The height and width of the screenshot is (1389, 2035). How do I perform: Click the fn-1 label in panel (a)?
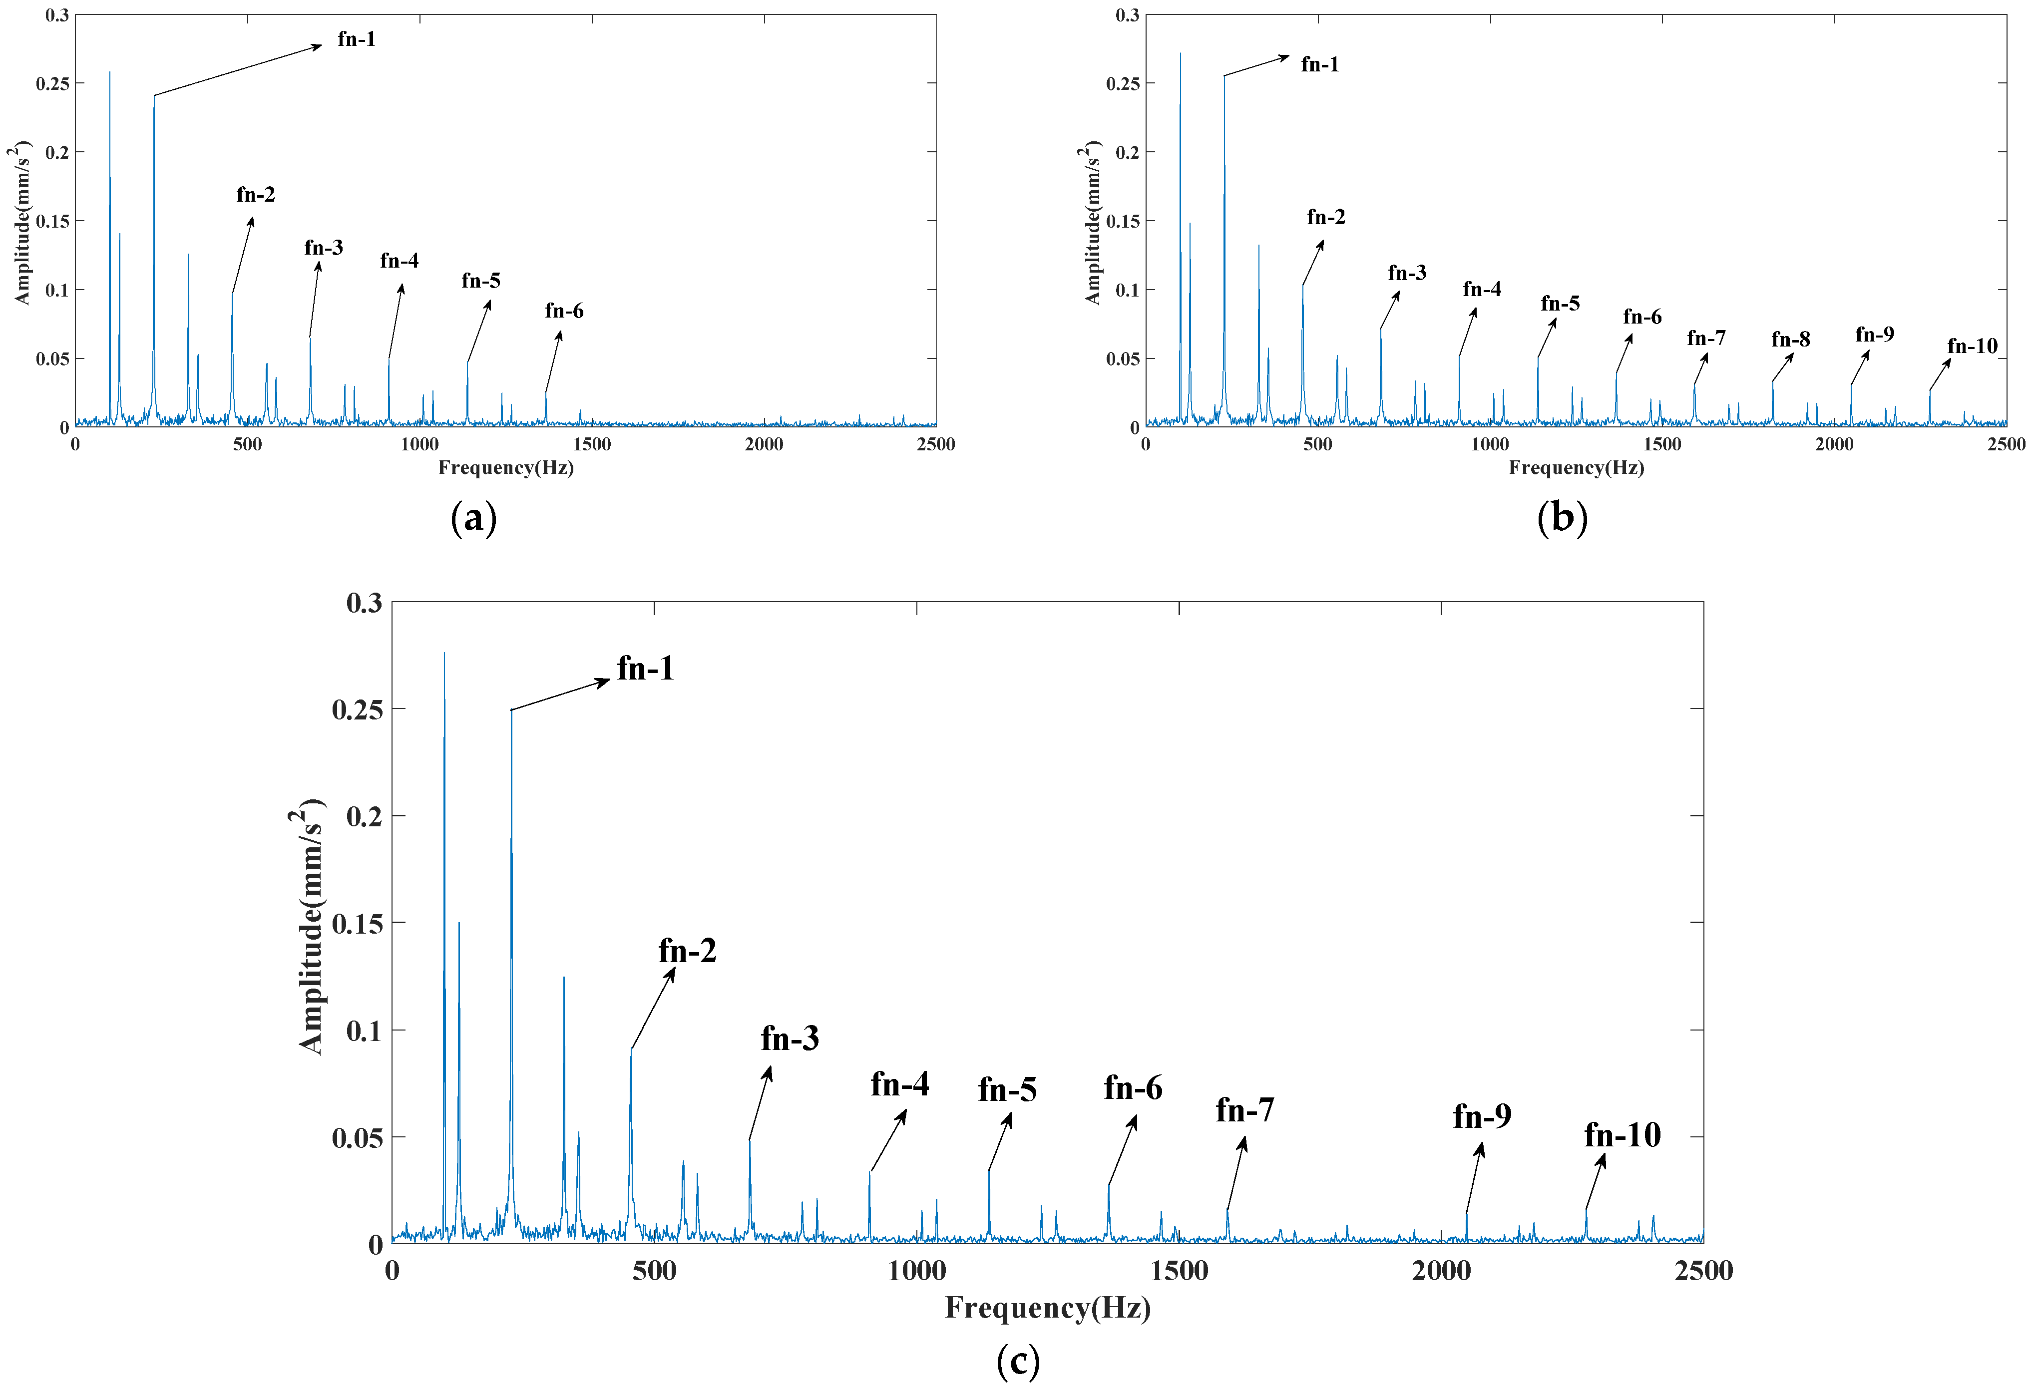pos(357,39)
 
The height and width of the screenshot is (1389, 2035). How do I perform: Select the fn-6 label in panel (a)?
pos(564,311)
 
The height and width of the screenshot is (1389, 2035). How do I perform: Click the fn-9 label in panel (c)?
pos(1482,1116)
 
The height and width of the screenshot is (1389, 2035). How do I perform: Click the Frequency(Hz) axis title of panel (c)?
pos(1047,1308)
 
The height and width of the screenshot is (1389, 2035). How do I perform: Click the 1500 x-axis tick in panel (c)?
pos(1179,1270)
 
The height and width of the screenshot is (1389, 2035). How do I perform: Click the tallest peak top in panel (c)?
pos(444,654)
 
